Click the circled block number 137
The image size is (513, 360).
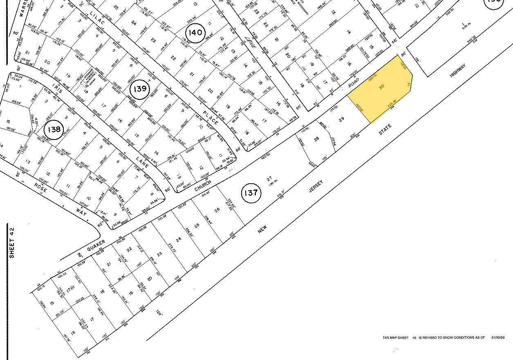[251, 192]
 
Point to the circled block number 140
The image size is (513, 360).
[196, 32]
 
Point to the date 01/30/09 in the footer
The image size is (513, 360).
[498, 337]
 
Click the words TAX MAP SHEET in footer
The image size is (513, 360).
[396, 337]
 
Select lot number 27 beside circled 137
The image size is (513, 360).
[269, 179]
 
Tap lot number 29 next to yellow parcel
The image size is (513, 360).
[342, 119]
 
